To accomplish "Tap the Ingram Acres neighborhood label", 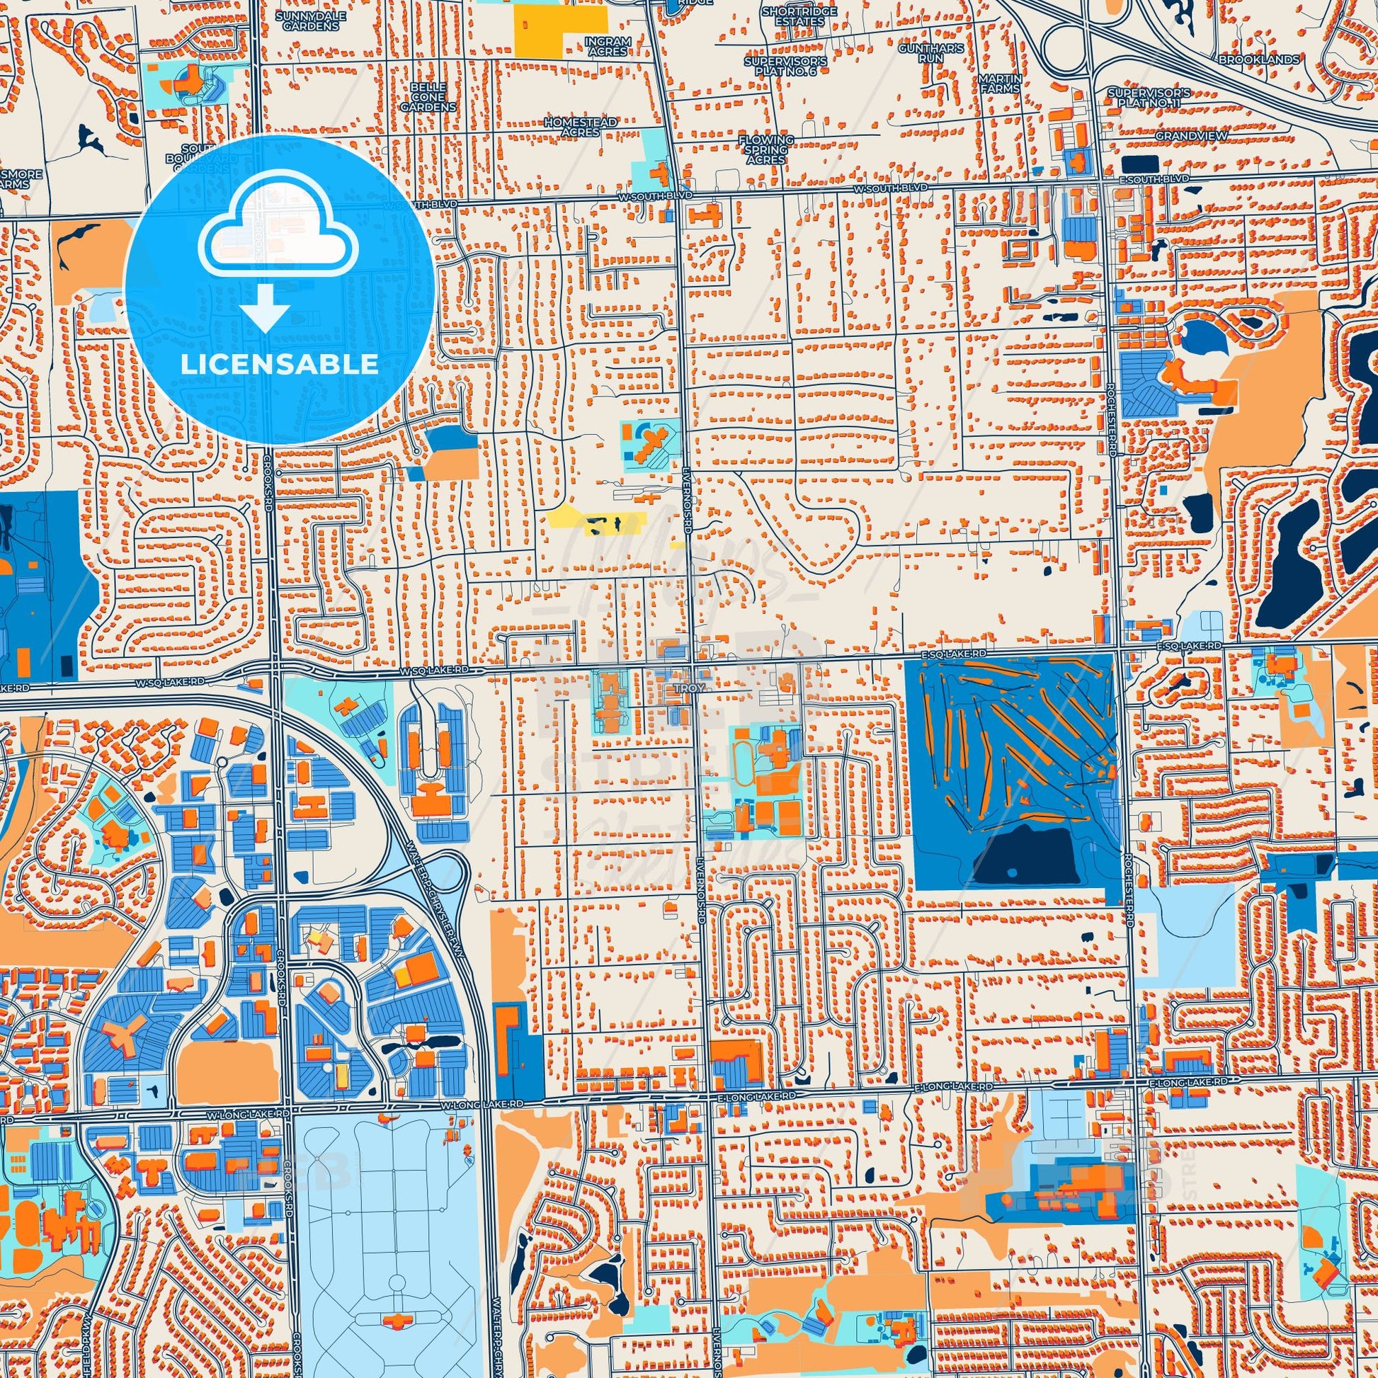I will (608, 46).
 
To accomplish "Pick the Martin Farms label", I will (1001, 83).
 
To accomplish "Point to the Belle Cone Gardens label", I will (427, 96).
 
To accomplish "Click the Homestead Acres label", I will (580, 127).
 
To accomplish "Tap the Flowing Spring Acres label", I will (767, 150).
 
